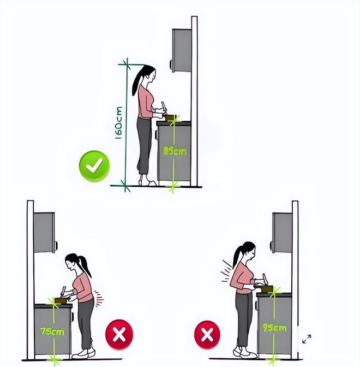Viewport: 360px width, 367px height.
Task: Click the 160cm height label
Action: point(119,123)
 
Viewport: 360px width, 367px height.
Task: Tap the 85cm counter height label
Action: point(175,151)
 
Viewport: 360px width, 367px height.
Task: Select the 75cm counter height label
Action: point(52,332)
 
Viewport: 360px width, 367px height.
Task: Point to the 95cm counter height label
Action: point(275,328)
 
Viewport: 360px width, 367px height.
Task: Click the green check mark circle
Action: point(94,166)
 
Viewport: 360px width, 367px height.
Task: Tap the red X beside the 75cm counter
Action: point(119,334)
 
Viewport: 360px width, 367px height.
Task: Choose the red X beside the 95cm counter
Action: point(207,335)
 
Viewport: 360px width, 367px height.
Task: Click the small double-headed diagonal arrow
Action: point(307,339)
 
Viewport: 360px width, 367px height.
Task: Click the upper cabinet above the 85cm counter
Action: point(182,50)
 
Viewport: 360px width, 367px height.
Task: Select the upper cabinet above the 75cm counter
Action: point(44,233)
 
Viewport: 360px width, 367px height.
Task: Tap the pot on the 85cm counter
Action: point(170,117)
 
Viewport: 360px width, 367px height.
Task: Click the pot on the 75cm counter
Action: point(61,300)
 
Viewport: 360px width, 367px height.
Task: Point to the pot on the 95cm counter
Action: point(267,289)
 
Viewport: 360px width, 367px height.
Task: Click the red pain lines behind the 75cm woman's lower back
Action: point(99,298)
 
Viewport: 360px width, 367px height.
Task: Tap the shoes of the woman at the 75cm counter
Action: point(83,354)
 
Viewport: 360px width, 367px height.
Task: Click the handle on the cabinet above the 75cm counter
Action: point(56,246)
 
